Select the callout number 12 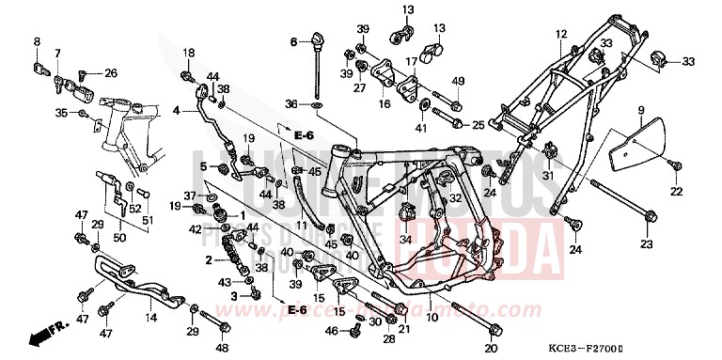tap(560, 35)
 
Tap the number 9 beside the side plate tap(641, 110)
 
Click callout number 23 tap(646, 243)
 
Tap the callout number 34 tap(407, 239)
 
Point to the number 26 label tap(112, 72)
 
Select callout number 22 tap(675, 192)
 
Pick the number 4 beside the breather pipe tap(175, 111)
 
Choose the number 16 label tap(384, 105)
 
